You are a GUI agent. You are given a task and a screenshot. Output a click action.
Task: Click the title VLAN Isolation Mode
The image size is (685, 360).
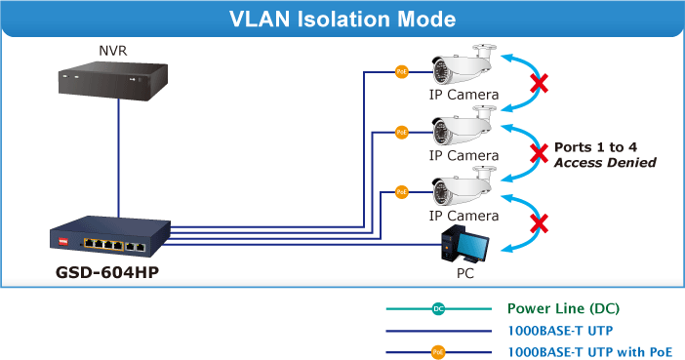click(342, 20)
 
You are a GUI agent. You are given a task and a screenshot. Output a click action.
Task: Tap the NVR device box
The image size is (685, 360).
click(113, 81)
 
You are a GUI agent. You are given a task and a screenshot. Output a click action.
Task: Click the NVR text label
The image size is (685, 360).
click(113, 51)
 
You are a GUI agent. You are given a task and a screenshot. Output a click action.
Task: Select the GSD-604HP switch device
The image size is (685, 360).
click(110, 236)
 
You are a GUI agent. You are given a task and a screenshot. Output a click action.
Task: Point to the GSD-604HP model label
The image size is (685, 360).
click(107, 272)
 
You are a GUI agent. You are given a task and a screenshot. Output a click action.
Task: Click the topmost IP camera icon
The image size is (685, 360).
click(463, 64)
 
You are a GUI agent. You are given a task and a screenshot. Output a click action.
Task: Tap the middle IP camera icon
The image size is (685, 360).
click(463, 126)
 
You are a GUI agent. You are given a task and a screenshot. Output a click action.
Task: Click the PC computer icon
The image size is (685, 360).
click(464, 244)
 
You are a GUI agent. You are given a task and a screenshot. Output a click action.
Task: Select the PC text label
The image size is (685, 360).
click(465, 273)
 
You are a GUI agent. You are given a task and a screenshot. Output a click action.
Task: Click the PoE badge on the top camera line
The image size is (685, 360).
click(401, 71)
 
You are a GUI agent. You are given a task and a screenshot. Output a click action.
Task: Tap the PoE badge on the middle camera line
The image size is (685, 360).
click(401, 132)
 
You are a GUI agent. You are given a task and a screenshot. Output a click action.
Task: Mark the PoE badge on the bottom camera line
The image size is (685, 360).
click(401, 192)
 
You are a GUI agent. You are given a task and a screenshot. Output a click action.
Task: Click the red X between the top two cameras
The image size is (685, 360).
click(539, 83)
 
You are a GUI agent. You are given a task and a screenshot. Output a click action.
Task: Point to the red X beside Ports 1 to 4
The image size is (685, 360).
click(539, 153)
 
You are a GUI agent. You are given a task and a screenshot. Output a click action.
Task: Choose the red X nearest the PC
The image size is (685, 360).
click(539, 223)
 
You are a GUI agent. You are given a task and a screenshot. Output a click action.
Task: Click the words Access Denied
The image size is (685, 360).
click(605, 163)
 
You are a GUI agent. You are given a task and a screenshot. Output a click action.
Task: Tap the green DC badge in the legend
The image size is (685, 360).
click(438, 309)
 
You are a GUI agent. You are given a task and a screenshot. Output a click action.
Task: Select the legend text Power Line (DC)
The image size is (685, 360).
click(564, 308)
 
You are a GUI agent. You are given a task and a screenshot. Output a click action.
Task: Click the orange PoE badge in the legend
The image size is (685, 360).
click(438, 352)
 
